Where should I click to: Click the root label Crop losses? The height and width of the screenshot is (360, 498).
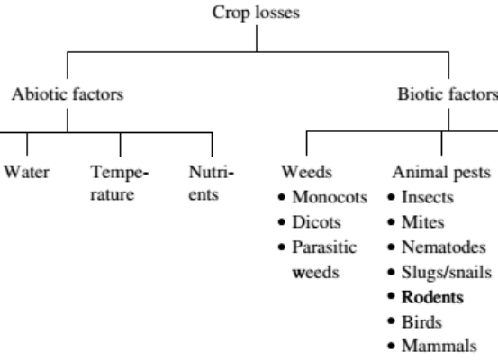[x=256, y=13]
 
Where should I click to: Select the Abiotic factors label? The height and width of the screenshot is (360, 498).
[x=68, y=94]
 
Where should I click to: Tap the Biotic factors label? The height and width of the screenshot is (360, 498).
[x=448, y=94]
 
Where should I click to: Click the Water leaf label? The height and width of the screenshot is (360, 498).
[x=27, y=172]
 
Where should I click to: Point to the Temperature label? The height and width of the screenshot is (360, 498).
[x=120, y=184]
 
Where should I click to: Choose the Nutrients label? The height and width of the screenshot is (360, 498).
[x=212, y=184]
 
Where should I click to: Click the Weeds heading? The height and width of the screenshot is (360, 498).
[x=307, y=172]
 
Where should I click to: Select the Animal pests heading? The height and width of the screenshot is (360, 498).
[x=442, y=173]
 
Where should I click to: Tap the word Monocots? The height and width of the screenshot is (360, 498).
[x=330, y=197]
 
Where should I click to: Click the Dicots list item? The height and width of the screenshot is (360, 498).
[x=316, y=222]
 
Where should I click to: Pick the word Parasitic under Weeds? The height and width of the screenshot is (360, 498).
[x=324, y=247]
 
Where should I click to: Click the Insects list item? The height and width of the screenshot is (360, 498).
[x=428, y=197]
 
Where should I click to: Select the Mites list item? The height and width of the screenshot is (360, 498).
[x=422, y=222]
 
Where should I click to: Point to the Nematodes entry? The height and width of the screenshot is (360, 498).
[x=444, y=247]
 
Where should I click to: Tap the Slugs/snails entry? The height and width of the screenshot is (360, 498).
[x=447, y=273]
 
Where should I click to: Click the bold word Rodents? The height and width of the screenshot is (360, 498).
[x=432, y=297]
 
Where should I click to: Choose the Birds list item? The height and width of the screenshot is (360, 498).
[x=421, y=322]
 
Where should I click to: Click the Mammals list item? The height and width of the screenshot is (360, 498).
[x=439, y=346]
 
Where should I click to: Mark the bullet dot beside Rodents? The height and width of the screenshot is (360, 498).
[x=391, y=296]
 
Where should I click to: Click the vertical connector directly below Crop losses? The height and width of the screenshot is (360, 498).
[x=257, y=39]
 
